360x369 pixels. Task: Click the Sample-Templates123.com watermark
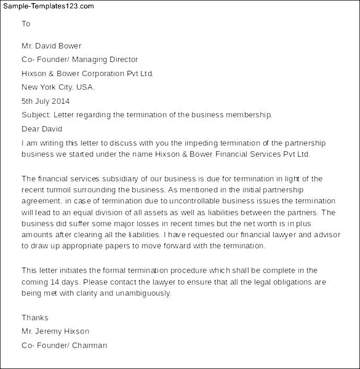48,6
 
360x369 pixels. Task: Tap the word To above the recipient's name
26,24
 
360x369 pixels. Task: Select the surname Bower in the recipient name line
69,46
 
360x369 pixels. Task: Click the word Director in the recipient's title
122,59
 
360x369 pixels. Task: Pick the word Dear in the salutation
30,129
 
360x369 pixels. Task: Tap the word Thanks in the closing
35,317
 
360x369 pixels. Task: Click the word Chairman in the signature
89,345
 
